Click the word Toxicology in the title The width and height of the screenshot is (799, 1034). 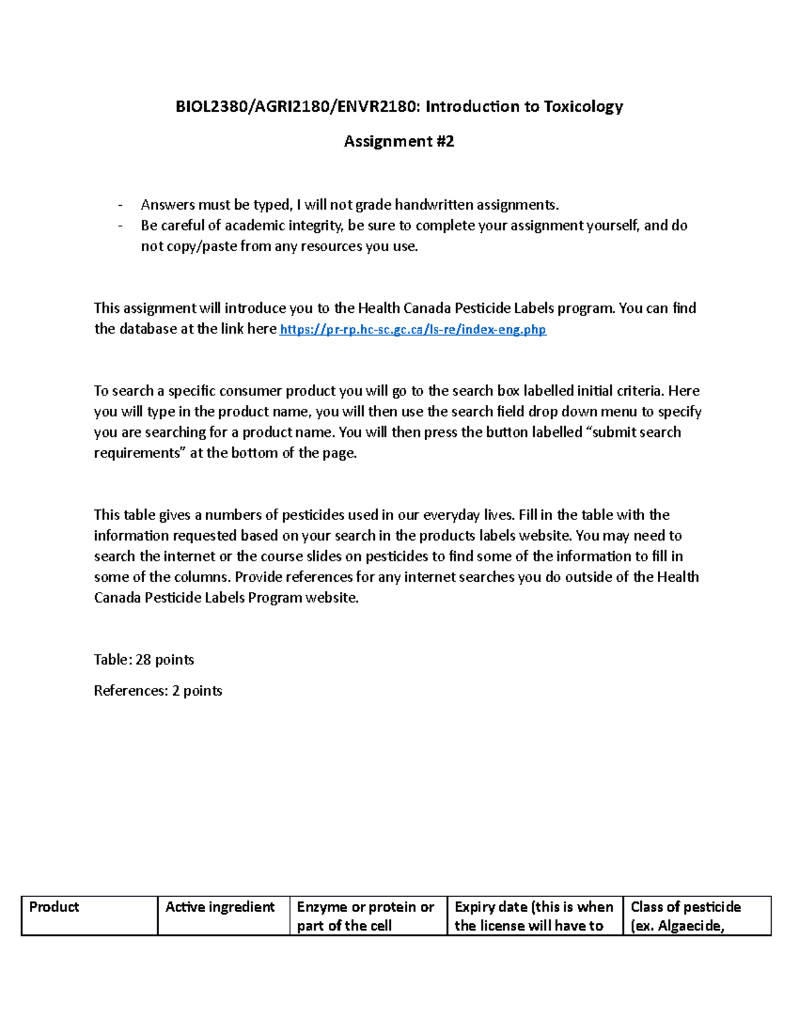coord(583,107)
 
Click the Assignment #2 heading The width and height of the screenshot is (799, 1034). coord(399,141)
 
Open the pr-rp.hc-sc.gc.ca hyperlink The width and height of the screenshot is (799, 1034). coord(413,329)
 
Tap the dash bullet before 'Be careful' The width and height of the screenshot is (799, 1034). coord(121,226)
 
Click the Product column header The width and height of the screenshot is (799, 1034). coord(54,907)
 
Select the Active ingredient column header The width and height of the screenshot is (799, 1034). coord(220,907)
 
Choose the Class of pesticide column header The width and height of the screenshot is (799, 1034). coord(685,907)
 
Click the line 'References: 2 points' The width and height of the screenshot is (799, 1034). coord(158,690)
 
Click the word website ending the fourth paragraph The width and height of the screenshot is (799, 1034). coord(331,598)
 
